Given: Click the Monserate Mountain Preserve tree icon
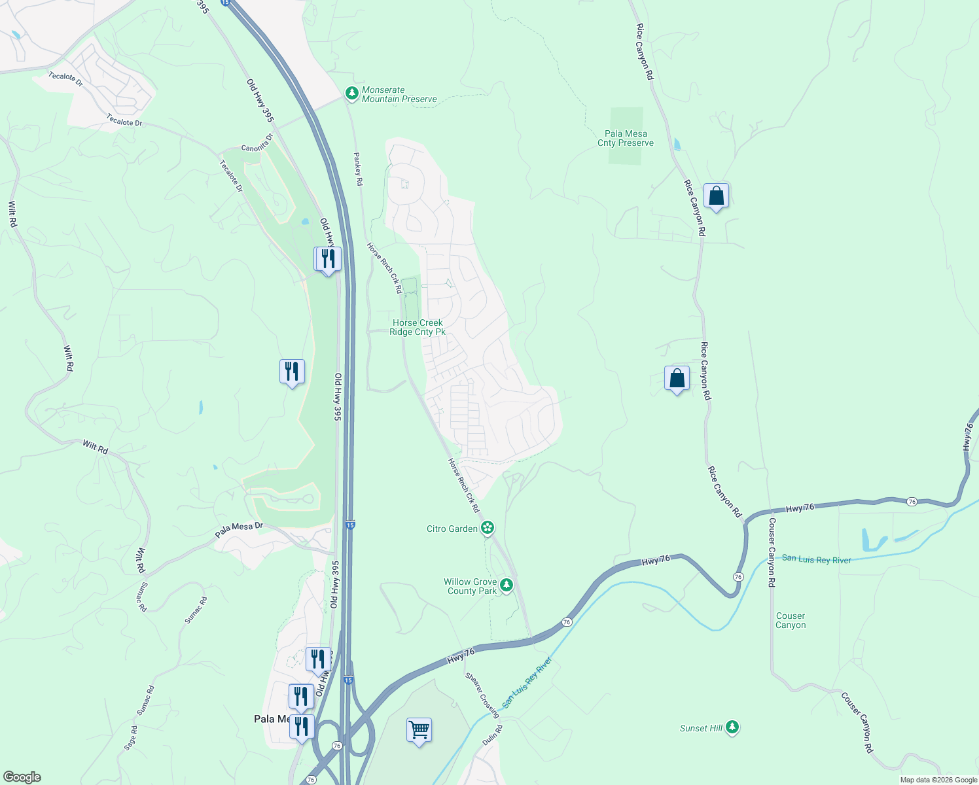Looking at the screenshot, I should tap(352, 94).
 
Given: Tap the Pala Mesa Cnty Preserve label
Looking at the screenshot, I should tap(626, 139).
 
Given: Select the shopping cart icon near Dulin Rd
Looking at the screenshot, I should tap(419, 729).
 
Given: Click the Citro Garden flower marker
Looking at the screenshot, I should tap(487, 528).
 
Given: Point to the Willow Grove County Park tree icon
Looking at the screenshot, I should tap(506, 585).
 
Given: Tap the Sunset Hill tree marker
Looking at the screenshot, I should tap(732, 727).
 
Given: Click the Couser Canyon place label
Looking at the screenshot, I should tap(791, 620).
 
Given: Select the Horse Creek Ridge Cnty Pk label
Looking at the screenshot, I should tap(418, 327).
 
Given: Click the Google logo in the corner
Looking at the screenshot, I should tap(22, 777).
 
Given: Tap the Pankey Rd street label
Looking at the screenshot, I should tap(358, 169).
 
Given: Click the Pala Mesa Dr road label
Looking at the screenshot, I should tap(239, 530).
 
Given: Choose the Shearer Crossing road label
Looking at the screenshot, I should tap(482, 695).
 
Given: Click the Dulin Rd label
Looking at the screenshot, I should tap(493, 735).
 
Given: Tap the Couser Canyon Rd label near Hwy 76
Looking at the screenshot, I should tap(772, 552).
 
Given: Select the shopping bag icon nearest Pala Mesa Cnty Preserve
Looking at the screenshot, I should tap(716, 196).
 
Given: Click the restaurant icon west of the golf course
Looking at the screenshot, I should tap(292, 372).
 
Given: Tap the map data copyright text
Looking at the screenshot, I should tap(938, 780).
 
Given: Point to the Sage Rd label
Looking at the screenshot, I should tap(132, 738).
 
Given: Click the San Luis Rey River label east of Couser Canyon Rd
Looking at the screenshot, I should tap(816, 559).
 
